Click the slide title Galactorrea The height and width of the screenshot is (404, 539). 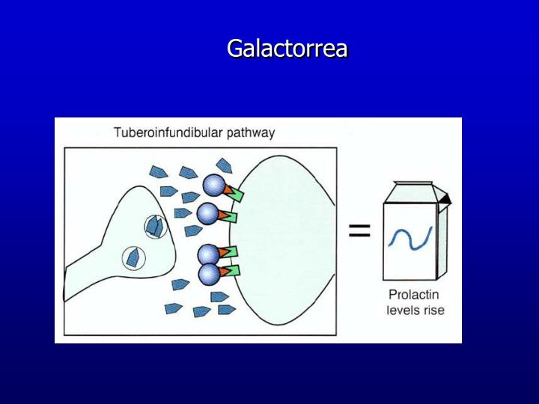tap(287, 49)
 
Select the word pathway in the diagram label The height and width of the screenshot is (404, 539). tap(249, 133)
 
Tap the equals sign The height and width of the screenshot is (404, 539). tap(359, 231)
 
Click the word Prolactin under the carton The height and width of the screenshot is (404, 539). tap(413, 295)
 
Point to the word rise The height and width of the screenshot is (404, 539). tap(432, 310)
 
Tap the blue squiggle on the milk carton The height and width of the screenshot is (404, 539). tap(409, 238)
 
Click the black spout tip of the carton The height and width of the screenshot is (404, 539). tap(446, 198)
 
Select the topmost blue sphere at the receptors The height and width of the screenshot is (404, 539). tap(213, 185)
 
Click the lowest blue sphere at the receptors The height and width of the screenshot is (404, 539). tap(209, 274)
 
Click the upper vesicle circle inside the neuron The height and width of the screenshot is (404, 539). tap(156, 225)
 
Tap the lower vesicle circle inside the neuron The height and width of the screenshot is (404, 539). tap(133, 258)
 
